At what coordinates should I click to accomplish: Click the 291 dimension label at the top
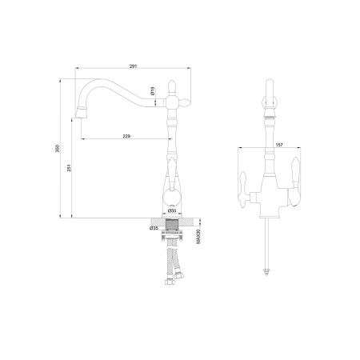133,66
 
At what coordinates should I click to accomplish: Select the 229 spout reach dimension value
126,136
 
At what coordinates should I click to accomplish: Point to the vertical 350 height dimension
58,148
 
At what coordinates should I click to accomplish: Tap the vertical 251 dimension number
69,167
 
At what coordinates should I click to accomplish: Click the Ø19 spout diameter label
152,91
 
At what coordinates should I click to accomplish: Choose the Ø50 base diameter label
172,211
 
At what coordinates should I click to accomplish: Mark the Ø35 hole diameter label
154,228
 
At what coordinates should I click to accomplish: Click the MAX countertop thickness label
198,237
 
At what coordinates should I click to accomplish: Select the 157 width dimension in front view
279,145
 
